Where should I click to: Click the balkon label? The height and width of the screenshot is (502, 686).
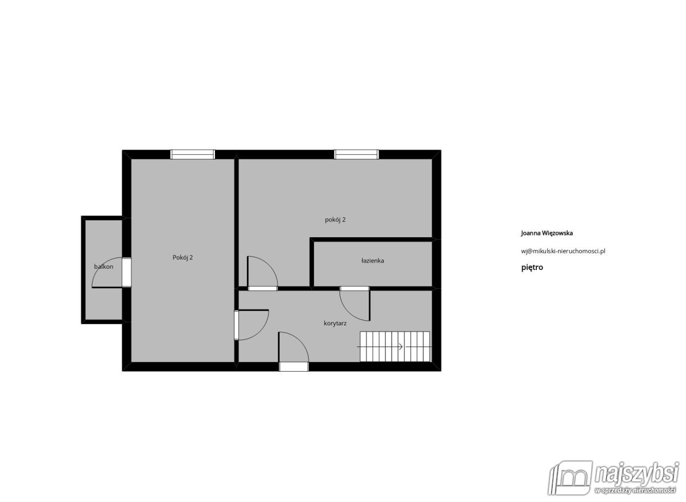coord(103,266)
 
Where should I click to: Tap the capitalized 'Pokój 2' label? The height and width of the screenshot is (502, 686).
coord(182,257)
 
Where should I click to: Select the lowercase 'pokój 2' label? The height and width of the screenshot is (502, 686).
coord(335,220)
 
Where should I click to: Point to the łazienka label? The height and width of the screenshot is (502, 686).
coord(373,261)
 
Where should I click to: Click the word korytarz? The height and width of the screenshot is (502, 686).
coord(335,323)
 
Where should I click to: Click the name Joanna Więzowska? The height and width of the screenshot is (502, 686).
coord(547,233)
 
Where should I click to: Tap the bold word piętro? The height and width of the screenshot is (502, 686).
coord(532,267)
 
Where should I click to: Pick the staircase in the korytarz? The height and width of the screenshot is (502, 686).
coord(394,346)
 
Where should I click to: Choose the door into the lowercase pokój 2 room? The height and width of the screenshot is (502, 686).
coord(262,273)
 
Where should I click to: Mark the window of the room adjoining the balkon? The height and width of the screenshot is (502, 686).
coord(193,154)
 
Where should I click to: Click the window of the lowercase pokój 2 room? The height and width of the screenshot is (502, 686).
coord(357,154)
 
